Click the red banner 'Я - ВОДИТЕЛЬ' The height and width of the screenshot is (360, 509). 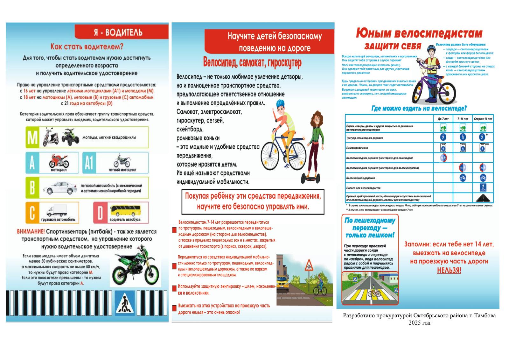click(121, 32)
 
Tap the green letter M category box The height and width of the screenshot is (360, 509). click(32, 137)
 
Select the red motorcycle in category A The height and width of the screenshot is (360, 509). click(59, 161)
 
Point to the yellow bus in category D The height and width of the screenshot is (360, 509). click(125, 211)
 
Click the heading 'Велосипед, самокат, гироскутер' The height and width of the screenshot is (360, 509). click(252, 63)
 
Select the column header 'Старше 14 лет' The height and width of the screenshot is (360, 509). click(483, 119)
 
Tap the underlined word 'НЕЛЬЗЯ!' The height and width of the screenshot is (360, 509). click(449, 270)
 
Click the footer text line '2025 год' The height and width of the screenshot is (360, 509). click(419, 322)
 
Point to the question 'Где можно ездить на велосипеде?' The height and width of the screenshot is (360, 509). click(419, 109)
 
